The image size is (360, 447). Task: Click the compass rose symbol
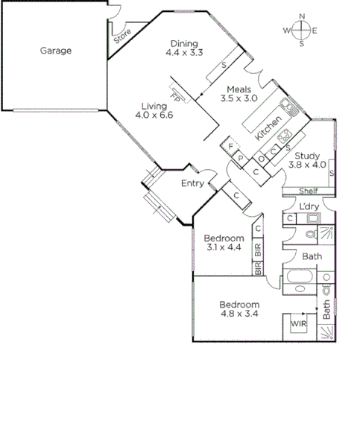(x=301, y=30)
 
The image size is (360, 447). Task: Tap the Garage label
(x=56, y=51)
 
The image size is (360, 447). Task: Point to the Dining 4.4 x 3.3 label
(x=184, y=48)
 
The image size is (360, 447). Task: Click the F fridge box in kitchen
(x=231, y=145)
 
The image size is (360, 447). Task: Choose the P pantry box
(x=240, y=158)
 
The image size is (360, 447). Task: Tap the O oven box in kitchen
(x=262, y=158)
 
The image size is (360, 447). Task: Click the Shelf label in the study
(x=297, y=191)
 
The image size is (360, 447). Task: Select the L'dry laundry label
(x=309, y=206)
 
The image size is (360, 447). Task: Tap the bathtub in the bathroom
(x=299, y=282)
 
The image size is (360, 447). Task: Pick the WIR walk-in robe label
(x=298, y=324)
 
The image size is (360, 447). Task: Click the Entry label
(x=192, y=183)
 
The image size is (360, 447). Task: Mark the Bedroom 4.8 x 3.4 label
(x=239, y=309)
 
